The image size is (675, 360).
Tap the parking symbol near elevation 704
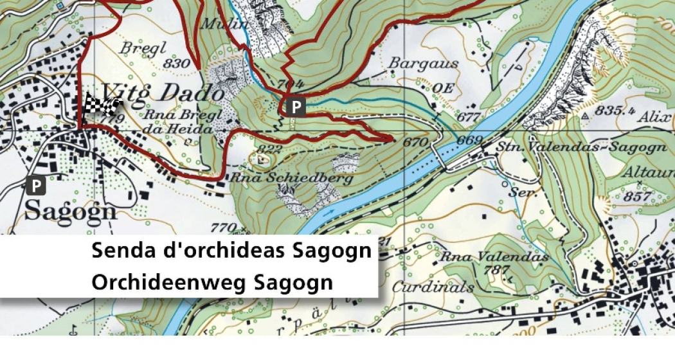point(295,107)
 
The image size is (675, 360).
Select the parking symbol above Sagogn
point(37,186)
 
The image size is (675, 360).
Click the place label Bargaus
point(424,64)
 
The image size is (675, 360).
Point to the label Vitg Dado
point(164,94)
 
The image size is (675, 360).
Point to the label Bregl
point(143,48)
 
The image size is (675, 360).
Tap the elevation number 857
point(642,196)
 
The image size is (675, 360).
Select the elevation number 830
point(177,64)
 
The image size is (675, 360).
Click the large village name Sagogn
point(71,211)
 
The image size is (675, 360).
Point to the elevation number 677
point(469,117)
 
